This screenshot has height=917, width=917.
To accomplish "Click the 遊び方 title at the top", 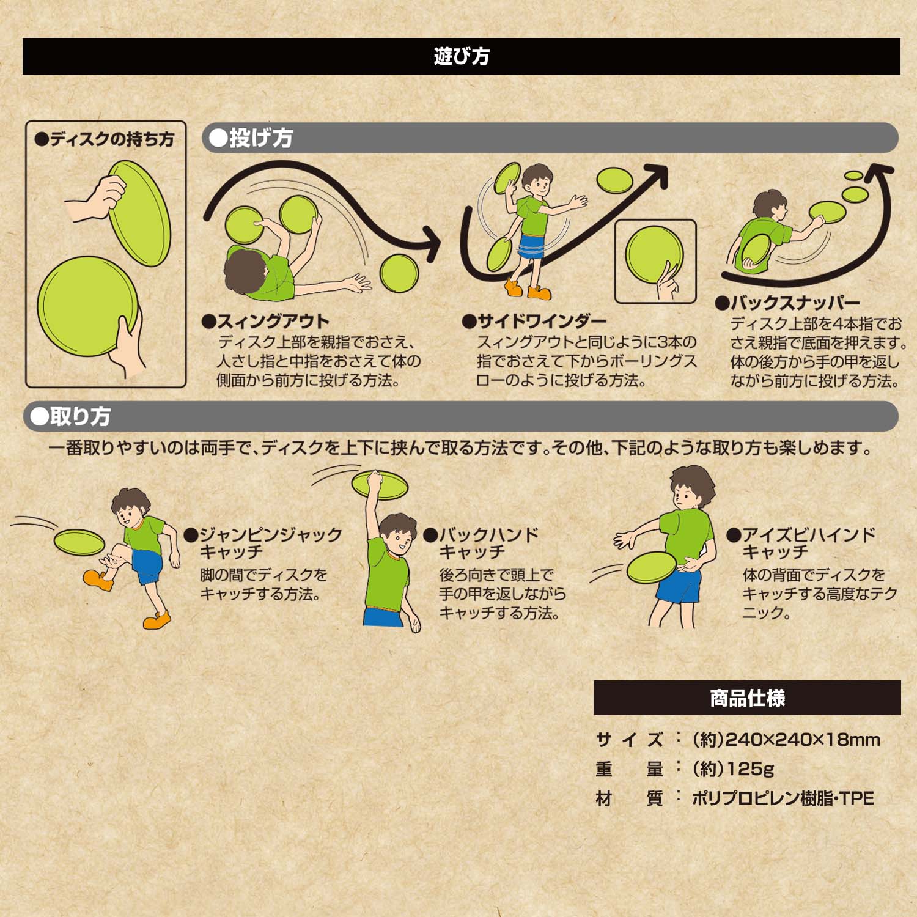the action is (x=462, y=56).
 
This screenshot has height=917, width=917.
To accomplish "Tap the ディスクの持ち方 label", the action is (x=105, y=140).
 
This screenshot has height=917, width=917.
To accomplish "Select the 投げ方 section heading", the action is (x=251, y=138).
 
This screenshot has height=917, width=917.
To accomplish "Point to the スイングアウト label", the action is (x=265, y=321).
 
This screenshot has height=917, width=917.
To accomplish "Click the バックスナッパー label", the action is (x=787, y=303).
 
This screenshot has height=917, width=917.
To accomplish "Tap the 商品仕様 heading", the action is (x=748, y=698).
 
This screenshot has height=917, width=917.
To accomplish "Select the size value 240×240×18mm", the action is (x=786, y=740).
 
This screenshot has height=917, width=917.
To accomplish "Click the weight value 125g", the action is (x=733, y=768).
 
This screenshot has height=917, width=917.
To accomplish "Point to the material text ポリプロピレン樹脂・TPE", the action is (x=783, y=798).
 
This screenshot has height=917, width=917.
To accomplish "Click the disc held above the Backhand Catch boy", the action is (x=380, y=485).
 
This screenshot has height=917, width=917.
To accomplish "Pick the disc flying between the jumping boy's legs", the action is (x=79, y=541).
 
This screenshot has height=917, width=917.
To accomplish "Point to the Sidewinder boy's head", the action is (x=536, y=181).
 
